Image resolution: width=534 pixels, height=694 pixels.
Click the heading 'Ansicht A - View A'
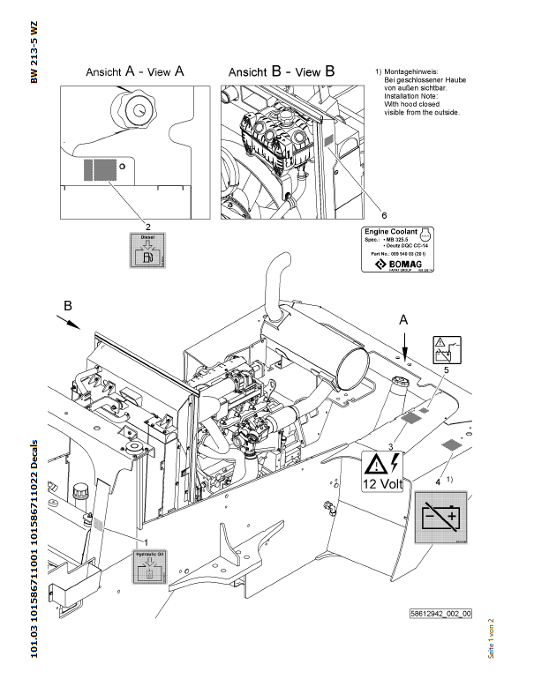click(x=134, y=72)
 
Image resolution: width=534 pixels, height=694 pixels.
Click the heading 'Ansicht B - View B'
click(x=282, y=72)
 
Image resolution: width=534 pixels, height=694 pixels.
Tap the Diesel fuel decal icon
click(x=147, y=250)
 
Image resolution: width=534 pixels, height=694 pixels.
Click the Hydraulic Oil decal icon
click(x=148, y=566)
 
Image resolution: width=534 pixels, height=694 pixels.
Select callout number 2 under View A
click(x=147, y=225)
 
